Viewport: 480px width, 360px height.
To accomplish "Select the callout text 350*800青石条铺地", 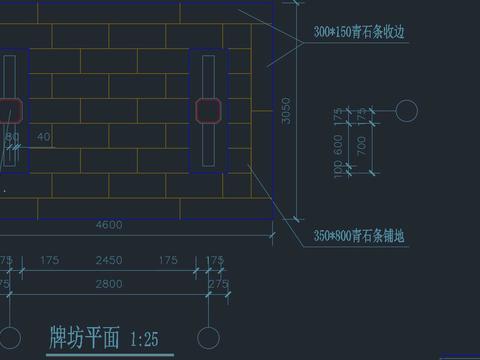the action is pyautogui.click(x=364, y=236).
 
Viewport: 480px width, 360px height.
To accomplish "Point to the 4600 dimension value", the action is pyautogui.click(x=109, y=225).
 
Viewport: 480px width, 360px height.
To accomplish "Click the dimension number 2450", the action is pyautogui.click(x=109, y=261).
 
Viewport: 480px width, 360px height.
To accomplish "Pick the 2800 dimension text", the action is pyautogui.click(x=109, y=285).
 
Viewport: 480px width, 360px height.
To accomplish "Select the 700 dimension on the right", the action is pyautogui.click(x=361, y=146).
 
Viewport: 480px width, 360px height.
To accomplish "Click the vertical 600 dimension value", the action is pyautogui.click(x=338, y=146).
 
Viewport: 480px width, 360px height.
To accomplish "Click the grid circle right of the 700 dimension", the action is pyautogui.click(x=408, y=110).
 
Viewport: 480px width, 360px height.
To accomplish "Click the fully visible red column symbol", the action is pyautogui.click(x=209, y=108).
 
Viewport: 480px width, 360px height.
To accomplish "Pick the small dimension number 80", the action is pyautogui.click(x=12, y=136).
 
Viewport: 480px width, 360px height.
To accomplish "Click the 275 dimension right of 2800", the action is pyautogui.click(x=217, y=285).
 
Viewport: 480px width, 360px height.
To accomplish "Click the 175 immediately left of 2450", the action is pyautogui.click(x=49, y=261).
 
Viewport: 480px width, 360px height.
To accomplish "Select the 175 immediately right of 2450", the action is pyautogui.click(x=168, y=261).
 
